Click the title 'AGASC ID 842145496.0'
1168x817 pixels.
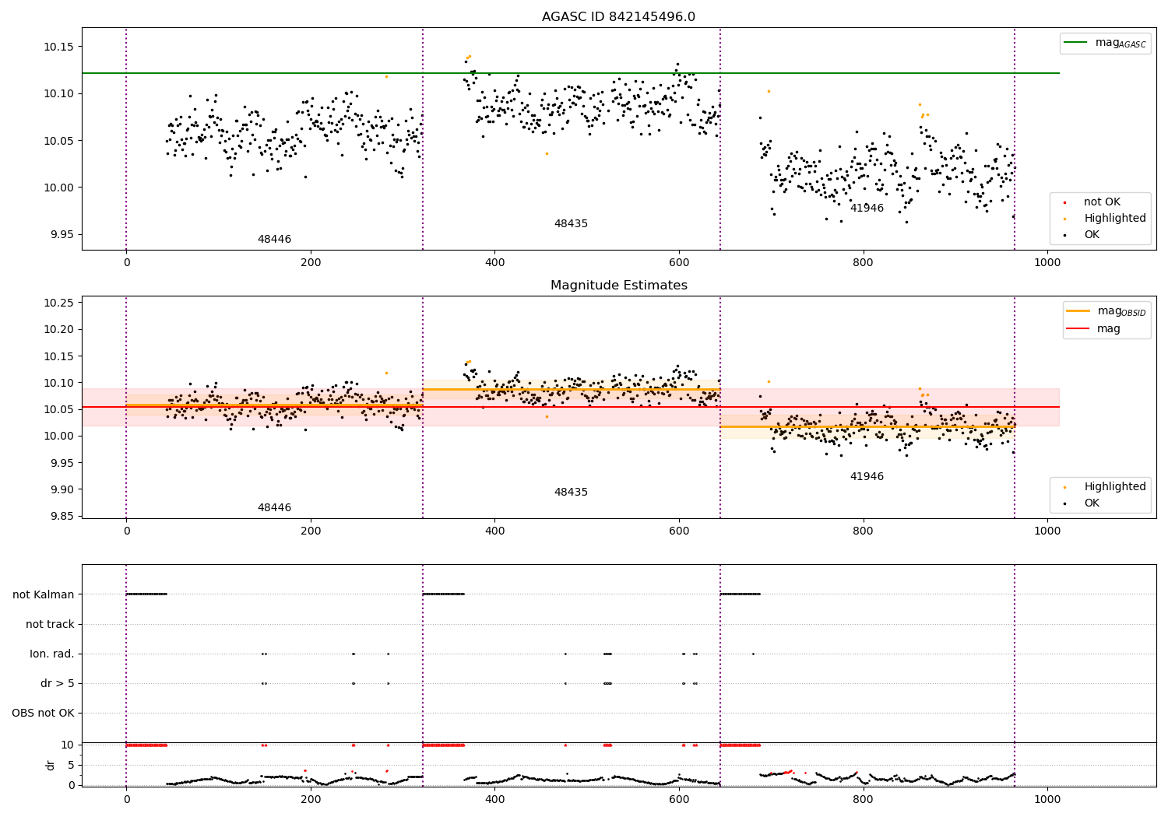[x=618, y=17]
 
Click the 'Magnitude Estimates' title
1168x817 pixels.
[x=618, y=286]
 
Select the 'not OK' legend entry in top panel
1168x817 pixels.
[x=1102, y=202]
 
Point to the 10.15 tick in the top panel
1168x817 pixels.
[x=58, y=47]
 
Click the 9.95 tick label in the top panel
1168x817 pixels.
[x=58, y=234]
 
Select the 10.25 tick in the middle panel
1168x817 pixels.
[x=58, y=303]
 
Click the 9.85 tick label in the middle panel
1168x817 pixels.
[x=58, y=517]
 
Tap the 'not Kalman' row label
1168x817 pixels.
[x=44, y=594]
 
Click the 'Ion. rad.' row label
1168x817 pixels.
[x=52, y=654]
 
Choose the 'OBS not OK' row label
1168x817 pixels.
[x=43, y=713]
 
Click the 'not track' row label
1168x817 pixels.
[x=50, y=624]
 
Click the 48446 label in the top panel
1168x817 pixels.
[x=274, y=240]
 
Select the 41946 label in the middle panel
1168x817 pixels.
[x=867, y=477]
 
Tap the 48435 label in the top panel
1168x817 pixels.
[x=571, y=224]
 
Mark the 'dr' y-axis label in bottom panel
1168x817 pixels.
[x=51, y=765]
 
